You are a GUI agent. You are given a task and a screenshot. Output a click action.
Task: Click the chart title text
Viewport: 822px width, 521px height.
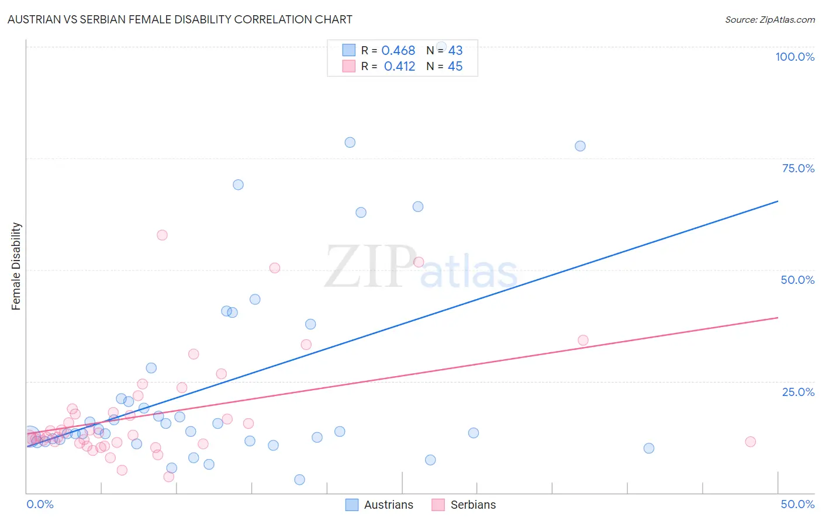pos(179,19)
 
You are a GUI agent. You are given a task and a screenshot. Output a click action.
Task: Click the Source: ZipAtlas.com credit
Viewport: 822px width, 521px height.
pos(769,19)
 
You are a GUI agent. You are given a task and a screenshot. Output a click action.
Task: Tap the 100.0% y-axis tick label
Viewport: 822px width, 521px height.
pos(795,57)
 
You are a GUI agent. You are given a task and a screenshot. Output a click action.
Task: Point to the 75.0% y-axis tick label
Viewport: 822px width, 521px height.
pos(798,168)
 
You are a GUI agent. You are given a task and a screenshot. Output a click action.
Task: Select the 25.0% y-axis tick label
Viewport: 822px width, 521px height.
pos(798,392)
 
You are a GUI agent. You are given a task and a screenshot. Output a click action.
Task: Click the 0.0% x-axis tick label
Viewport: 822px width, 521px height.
pos(40,504)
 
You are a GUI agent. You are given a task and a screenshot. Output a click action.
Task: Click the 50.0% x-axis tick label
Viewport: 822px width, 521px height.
pos(797,504)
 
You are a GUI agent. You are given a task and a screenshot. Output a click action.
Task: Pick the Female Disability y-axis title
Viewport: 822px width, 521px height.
pos(16,266)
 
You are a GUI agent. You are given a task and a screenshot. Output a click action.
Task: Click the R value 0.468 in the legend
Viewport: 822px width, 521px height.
pos(398,51)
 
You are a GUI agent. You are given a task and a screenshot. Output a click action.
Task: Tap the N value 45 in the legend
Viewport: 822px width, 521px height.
pos(455,67)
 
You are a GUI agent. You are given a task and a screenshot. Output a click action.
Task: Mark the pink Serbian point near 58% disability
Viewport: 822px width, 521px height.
pos(162,235)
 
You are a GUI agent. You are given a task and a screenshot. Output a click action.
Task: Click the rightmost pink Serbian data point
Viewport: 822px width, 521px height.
pos(750,442)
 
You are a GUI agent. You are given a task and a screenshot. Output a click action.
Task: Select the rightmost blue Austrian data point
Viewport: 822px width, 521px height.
pos(648,449)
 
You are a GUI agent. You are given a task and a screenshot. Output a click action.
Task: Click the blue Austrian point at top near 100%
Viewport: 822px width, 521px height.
pos(441,47)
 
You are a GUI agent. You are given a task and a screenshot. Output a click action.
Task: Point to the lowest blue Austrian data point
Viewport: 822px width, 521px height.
pos(299,480)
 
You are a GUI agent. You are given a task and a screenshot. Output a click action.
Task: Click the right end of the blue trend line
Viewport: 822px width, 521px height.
pos(778,201)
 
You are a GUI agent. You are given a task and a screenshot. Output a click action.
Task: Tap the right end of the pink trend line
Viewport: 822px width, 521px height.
pos(778,318)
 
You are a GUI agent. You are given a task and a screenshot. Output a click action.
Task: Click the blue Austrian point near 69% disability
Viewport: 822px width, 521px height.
pos(238,185)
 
